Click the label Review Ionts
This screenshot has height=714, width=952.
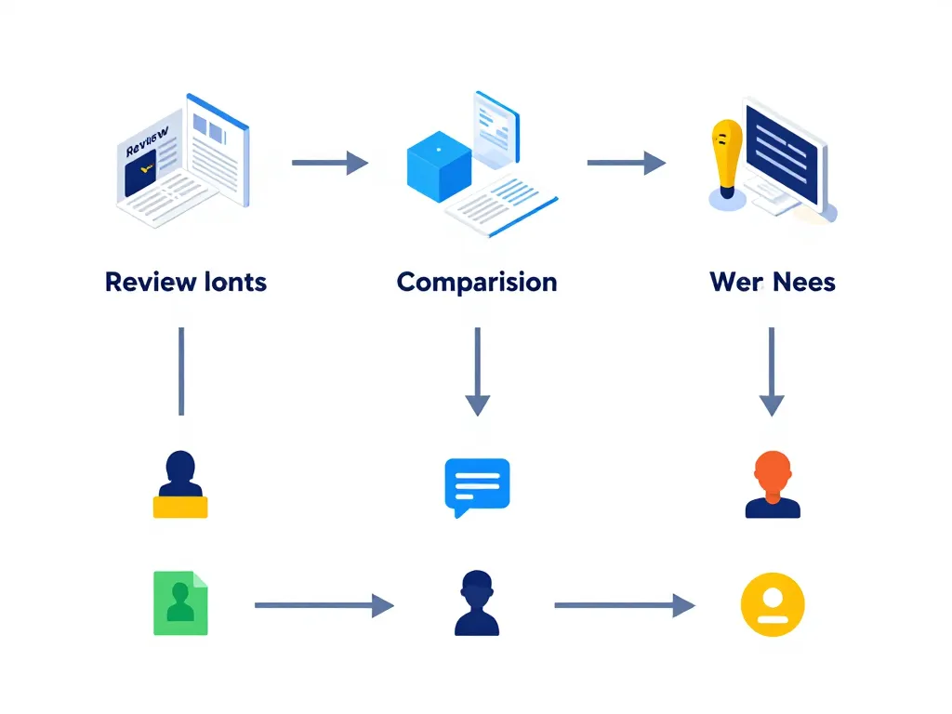[186, 282]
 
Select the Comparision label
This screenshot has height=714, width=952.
[477, 282]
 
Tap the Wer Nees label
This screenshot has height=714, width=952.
[773, 282]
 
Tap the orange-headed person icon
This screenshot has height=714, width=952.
[773, 484]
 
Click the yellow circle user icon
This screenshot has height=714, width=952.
[773, 604]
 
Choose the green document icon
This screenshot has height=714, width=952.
[180, 603]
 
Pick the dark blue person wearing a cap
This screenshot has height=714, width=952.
[477, 603]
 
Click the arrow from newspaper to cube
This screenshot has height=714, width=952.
[330, 163]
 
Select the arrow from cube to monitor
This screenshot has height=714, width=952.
[626, 163]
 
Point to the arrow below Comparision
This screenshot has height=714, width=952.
[477, 371]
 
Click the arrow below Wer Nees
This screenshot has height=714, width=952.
[772, 371]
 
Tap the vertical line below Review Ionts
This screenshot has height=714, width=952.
[181, 371]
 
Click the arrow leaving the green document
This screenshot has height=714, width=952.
[324, 605]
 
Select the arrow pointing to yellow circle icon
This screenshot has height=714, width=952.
[624, 605]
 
